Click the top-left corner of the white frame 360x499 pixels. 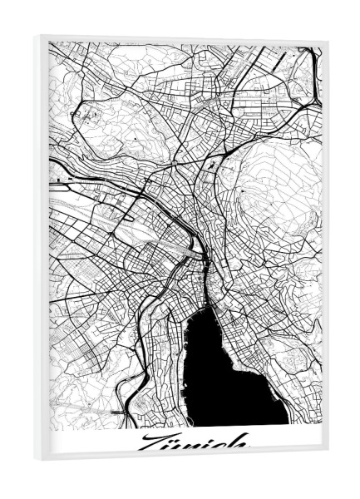pos(35,36)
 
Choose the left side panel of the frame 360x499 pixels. pos(41,249)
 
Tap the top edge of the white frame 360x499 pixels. pos(183,37)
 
